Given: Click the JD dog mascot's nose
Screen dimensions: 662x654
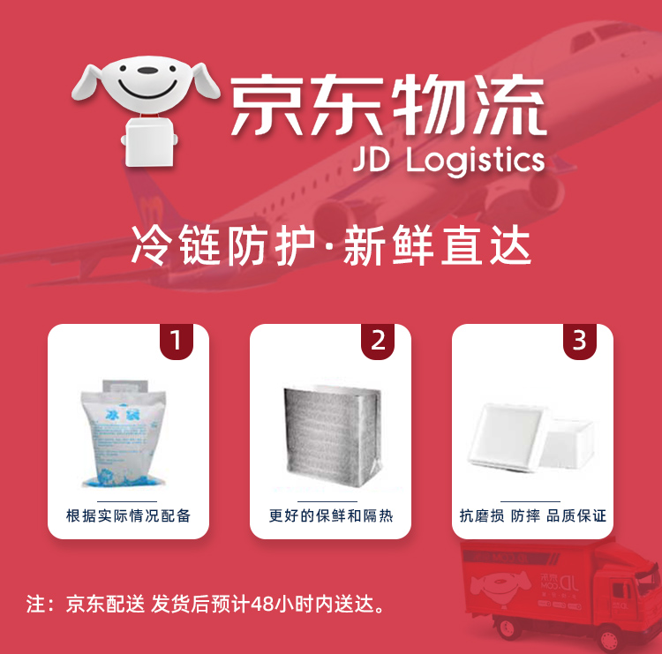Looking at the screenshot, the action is tap(147, 70).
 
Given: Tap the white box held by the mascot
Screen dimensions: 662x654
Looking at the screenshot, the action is tap(148, 142).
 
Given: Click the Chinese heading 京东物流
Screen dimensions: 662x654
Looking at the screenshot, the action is tap(388, 105).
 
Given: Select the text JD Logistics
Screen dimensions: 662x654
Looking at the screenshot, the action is tap(449, 161).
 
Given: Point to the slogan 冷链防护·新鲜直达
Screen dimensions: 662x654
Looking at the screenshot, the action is tap(331, 245).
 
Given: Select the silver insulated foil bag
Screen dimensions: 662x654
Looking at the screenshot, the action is tap(333, 435).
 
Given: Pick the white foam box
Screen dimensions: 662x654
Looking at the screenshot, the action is tap(531, 437).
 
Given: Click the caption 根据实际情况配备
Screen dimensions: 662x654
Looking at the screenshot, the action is tap(128, 515).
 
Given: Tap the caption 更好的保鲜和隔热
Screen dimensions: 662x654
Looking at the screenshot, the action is tap(331, 515).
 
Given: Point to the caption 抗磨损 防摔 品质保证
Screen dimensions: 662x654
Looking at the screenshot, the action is tap(532, 515).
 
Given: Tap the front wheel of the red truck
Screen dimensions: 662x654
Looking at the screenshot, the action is tap(607, 641).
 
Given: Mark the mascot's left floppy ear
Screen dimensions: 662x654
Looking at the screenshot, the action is tap(87, 82).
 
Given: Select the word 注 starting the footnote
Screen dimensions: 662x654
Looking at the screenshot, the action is tap(35, 605).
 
